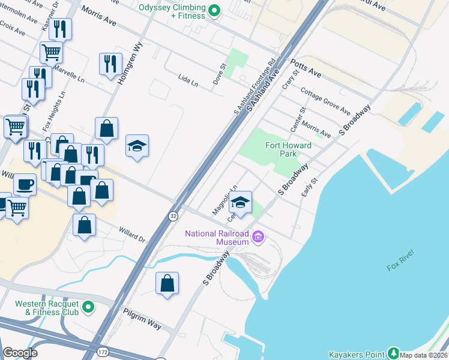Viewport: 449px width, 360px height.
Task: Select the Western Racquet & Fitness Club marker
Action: coord(89,308)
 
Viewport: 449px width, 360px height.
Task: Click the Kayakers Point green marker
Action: coord(393,353)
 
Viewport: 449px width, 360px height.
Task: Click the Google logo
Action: coord(20,353)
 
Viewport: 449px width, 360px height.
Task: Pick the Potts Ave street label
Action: coord(306,67)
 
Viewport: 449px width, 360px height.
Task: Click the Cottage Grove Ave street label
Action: coord(325,101)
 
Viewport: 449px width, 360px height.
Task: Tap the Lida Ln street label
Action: coord(188,80)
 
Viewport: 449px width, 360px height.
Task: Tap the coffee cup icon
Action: coord(25,184)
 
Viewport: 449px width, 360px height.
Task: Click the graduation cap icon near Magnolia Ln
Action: coord(241,203)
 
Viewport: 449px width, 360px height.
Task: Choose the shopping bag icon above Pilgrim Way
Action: coord(167,283)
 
